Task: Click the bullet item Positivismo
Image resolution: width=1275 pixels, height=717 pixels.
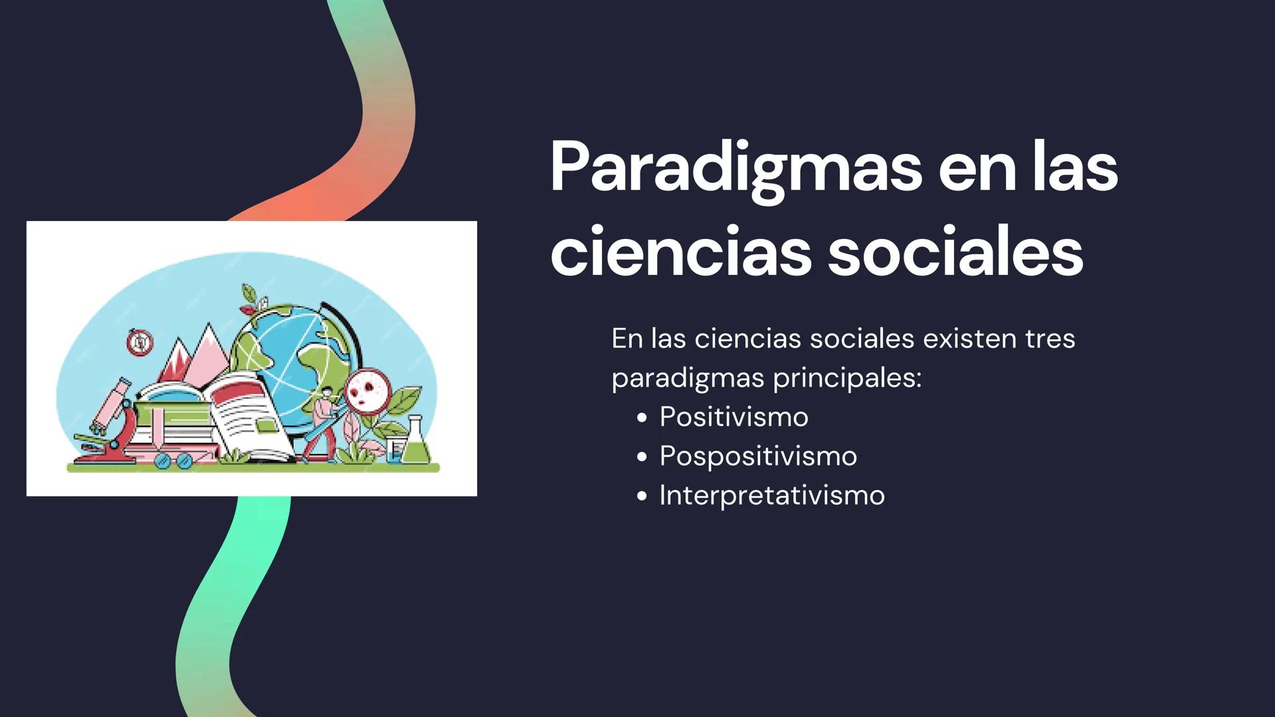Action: (x=734, y=417)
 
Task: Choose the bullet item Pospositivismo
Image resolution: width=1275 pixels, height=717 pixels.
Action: (x=757, y=456)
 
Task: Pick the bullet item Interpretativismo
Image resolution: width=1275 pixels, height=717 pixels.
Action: (x=771, y=495)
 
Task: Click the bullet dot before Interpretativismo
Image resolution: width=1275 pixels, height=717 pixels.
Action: (x=641, y=496)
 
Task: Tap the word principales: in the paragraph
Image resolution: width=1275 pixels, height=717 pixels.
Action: (x=847, y=378)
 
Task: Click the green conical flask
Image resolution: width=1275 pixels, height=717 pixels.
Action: (x=416, y=443)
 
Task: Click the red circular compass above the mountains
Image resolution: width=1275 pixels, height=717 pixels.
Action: (x=140, y=342)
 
